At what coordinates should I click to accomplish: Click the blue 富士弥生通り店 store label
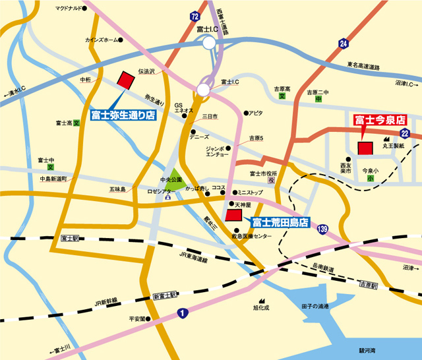pos(123,114)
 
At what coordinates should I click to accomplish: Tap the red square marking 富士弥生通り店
pos(125,80)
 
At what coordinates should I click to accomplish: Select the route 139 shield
pos(322,228)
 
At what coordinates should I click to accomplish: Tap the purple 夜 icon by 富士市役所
pos(271,180)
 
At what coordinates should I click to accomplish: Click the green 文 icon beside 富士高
pos(76,123)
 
